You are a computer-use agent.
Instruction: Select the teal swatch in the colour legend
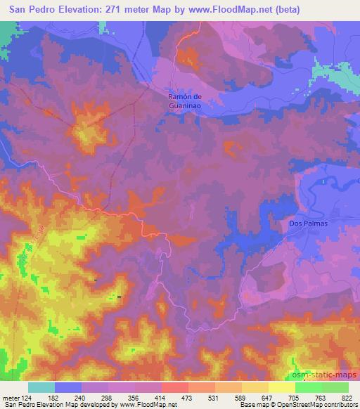[41, 387]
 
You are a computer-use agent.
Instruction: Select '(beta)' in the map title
[295, 10]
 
